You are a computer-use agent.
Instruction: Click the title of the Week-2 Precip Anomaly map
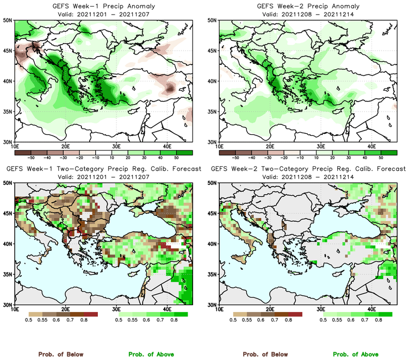pos(306,6)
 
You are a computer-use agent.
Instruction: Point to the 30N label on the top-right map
pos(213,142)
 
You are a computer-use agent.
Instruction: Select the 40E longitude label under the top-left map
pos(167,147)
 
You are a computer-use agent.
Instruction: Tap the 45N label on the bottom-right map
pos(213,213)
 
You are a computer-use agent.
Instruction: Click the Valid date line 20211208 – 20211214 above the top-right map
pos(306,14)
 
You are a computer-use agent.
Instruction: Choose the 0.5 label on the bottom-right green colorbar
pos(323,320)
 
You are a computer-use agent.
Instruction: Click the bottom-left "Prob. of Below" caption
pos(60,354)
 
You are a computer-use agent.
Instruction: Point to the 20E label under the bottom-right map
pos(270,310)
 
